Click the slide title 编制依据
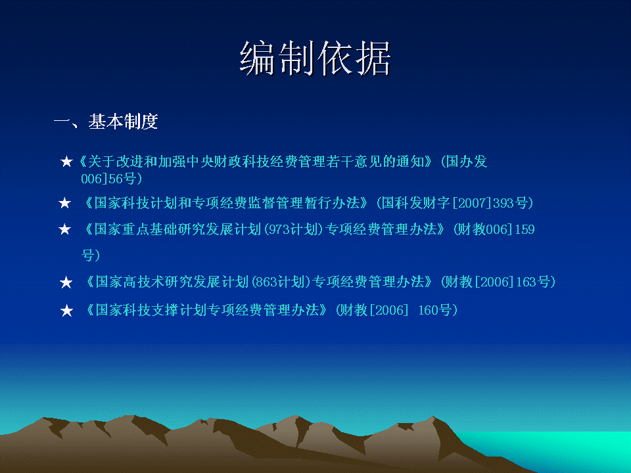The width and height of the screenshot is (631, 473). tap(315, 58)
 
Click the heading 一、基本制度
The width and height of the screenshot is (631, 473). tap(106, 122)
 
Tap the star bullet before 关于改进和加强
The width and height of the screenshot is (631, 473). tap(66, 162)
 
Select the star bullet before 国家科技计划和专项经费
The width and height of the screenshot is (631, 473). tap(65, 203)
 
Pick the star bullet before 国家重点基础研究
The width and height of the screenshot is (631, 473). tap(65, 230)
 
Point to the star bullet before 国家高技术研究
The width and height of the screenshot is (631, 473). tap(66, 282)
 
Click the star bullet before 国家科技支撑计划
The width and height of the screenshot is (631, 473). tap(66, 311)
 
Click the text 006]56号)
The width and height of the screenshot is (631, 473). tap(112, 179)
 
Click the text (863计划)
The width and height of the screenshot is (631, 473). tap(281, 282)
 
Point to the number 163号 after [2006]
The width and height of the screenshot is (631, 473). tap(533, 282)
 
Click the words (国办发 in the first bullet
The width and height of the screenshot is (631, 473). tap(464, 162)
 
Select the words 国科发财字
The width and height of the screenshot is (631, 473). tap(415, 203)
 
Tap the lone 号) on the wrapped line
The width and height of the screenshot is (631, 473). tap(91, 255)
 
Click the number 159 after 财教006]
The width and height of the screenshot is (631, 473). tap(525, 229)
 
